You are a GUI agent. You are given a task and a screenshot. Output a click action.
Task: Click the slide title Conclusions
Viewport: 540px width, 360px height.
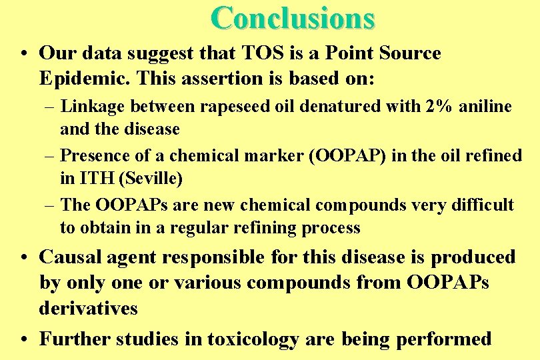click(293, 18)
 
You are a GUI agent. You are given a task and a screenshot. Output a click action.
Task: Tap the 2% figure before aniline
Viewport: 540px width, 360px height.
click(441, 107)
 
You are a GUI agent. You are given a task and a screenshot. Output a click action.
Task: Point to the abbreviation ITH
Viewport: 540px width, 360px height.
click(95, 179)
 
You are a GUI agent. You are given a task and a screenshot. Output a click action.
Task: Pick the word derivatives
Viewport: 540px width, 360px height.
click(89, 308)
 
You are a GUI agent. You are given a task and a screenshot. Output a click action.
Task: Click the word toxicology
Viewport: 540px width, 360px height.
click(253, 339)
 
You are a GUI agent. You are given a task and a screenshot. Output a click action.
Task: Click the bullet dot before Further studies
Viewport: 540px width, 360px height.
click(23, 339)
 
